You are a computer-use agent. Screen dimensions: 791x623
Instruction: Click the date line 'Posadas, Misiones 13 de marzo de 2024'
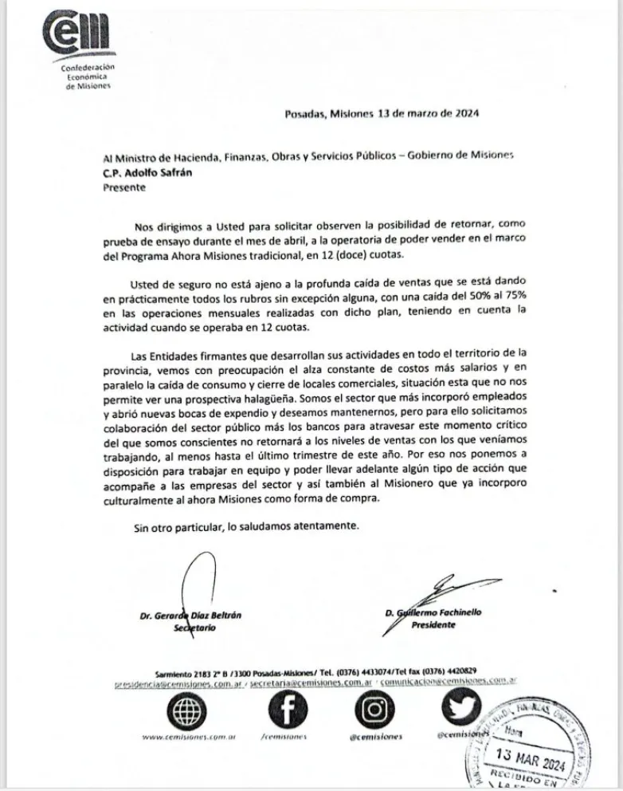pyautogui.click(x=382, y=114)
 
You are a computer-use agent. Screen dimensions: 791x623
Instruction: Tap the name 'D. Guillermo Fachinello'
pyautogui.click(x=444, y=612)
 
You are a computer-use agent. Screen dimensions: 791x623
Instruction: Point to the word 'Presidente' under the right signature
pyautogui.click(x=433, y=625)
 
